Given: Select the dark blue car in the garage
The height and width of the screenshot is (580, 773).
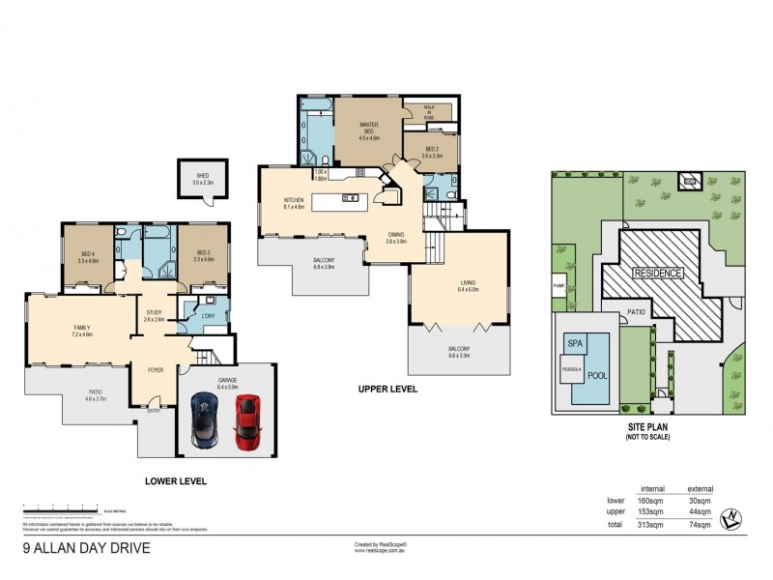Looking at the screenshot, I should pos(207,419).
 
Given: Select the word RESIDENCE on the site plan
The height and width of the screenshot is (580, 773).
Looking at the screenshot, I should pos(658,274).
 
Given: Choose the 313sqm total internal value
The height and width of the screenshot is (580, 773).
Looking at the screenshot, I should pos(652,525).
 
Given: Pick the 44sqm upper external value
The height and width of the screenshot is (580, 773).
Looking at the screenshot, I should pos(699,511).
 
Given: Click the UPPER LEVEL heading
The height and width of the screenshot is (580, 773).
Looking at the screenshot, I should pos(388,389).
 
